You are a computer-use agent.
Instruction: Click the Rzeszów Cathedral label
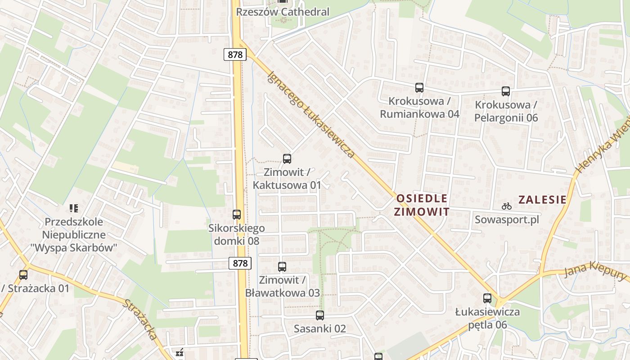pos(283,12)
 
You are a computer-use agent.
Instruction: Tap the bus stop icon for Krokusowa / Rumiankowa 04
pos(419,88)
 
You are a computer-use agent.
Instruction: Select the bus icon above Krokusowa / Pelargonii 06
pos(506,91)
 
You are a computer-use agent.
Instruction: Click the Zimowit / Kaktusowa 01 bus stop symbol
pos(287,158)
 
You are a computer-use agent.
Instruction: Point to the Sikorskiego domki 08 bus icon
pos(237,215)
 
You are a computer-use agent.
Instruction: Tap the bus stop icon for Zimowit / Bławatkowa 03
pos(282,267)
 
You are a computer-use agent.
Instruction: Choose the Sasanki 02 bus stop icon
pos(320,315)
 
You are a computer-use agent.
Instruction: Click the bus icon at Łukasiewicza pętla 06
pos(487,298)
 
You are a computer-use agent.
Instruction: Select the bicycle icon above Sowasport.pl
pos(507,207)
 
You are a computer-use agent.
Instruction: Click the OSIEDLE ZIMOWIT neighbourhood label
pos(422,205)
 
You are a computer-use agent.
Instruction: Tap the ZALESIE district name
pos(542,199)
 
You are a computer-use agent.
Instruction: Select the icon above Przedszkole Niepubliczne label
pos(74,208)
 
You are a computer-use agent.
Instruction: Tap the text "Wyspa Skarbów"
pos(74,247)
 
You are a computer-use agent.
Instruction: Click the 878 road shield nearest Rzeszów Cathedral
pos(235,55)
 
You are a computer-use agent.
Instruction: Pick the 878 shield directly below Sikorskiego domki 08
pos(240,263)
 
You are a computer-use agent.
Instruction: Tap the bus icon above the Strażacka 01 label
pos(23,274)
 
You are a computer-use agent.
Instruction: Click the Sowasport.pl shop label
pos(507,220)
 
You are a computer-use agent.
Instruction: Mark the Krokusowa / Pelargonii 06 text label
pos(506,111)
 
